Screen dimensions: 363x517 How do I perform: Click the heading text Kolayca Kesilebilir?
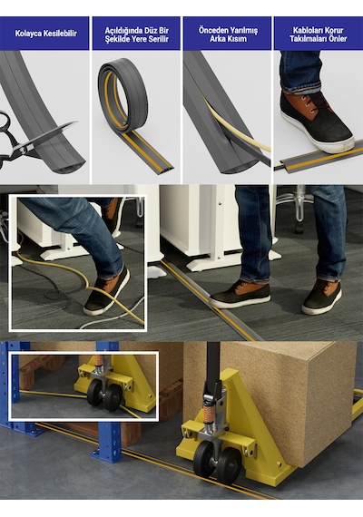pyautogui.click(x=46, y=34)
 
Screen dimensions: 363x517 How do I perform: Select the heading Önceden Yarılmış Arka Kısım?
pyautogui.click(x=228, y=34)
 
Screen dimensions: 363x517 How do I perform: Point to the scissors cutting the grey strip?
pyautogui.click(x=30, y=141)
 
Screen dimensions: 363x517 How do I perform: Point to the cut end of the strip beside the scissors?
pyautogui.click(x=69, y=167)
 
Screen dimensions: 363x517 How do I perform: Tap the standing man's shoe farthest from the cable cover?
pyautogui.click(x=322, y=297)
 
